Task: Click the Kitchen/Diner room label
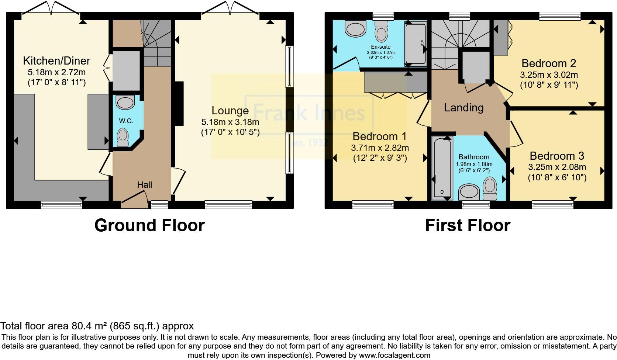coord(56,61)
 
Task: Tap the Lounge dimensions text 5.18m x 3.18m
coord(230,122)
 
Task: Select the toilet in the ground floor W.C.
coord(123,137)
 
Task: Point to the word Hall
coord(145,185)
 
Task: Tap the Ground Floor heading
coord(149,225)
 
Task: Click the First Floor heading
coord(468,225)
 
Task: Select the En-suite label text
coord(380,47)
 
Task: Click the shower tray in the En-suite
coord(416,43)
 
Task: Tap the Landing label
coord(463,108)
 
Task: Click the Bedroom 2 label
coord(549,63)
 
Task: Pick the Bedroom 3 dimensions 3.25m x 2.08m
coord(557,167)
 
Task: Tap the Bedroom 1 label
coord(379,136)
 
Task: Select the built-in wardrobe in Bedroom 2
coord(501,37)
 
